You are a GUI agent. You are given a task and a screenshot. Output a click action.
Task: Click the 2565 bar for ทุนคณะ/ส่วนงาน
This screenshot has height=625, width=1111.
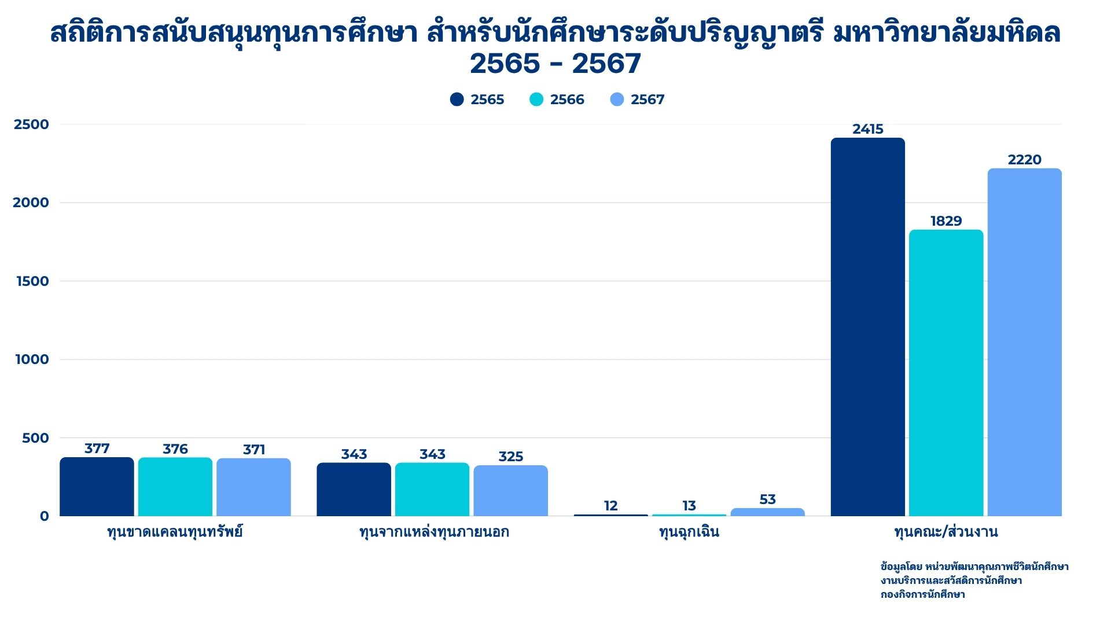(867, 327)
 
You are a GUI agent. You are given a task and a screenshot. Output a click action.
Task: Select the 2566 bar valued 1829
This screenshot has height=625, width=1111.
(946, 373)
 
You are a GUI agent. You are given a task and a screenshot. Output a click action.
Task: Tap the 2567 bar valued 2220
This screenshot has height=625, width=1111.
(1024, 342)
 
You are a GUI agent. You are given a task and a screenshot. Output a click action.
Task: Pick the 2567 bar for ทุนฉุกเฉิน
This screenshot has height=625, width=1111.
(767, 512)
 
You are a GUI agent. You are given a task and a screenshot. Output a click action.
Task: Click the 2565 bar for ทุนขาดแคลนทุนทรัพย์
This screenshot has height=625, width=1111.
(97, 487)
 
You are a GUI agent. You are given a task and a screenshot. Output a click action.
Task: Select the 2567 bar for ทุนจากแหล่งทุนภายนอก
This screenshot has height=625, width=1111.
(510, 491)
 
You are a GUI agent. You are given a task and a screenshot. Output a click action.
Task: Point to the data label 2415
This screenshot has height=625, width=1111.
(867, 129)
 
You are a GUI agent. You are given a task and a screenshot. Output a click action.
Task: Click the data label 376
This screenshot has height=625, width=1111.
(175, 449)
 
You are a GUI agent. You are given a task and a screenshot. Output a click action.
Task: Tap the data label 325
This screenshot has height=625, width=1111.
(510, 457)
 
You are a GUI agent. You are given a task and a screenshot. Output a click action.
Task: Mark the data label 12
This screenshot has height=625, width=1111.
(610, 506)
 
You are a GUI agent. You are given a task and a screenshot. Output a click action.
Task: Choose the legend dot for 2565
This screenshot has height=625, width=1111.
(457, 100)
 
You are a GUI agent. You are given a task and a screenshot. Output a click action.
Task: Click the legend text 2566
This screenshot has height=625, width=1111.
(567, 100)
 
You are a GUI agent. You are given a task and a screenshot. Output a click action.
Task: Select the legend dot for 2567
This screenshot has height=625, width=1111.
(617, 100)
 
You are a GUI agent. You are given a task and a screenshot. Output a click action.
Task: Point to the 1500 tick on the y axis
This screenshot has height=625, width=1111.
(32, 281)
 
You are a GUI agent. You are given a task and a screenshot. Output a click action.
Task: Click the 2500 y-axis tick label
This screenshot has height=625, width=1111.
(31, 124)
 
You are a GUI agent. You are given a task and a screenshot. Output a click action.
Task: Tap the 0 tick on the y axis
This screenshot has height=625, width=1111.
(44, 516)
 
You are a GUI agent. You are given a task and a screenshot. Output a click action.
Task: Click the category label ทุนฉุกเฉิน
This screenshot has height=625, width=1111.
(689, 532)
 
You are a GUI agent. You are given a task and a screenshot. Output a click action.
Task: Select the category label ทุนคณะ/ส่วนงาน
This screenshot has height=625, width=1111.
(946, 532)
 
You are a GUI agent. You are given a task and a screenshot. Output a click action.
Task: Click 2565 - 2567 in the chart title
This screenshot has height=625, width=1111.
(555, 64)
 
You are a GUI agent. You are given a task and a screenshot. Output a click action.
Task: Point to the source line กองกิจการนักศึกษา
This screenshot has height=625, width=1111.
(922, 594)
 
